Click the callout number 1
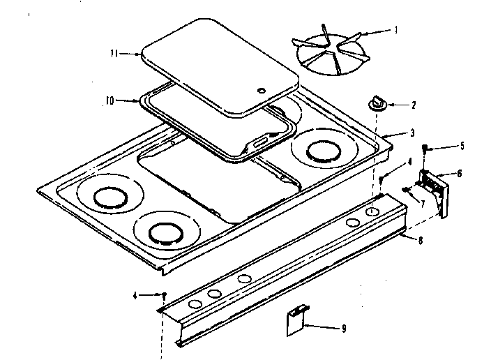click(x=395, y=30)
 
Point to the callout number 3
click(x=412, y=133)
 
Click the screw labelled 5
click(x=426, y=147)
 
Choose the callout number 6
click(x=459, y=173)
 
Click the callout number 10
click(x=109, y=100)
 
